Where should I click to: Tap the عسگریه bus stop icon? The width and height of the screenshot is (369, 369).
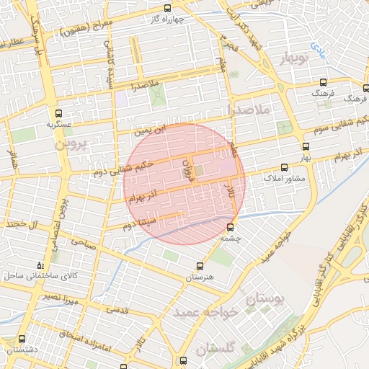[59, 112]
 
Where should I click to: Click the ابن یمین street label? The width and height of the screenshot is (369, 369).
[153, 129]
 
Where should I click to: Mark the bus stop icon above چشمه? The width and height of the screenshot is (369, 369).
[231, 226]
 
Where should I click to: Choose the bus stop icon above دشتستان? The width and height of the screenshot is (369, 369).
[21, 339]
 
